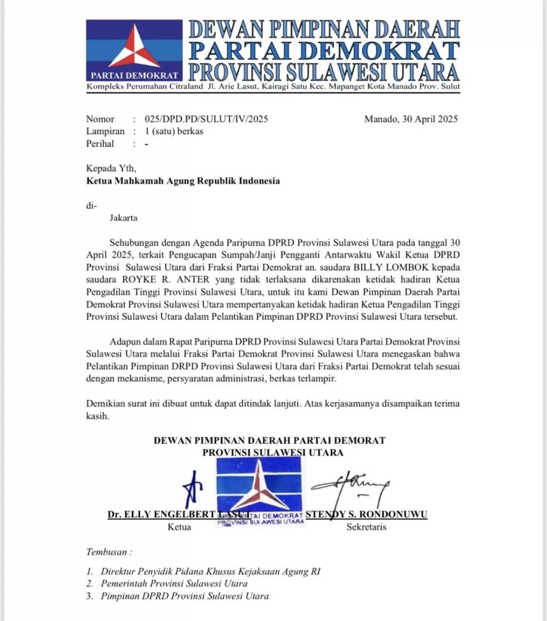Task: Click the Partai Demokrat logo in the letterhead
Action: [x=134, y=50]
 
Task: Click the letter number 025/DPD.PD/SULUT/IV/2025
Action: [x=206, y=119]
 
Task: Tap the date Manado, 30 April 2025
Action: [x=411, y=119]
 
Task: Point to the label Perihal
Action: [x=100, y=144]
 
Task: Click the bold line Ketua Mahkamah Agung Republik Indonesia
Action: [x=183, y=181]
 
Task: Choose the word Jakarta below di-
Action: [x=123, y=218]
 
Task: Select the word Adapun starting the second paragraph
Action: [x=124, y=342]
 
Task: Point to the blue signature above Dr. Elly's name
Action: [x=193, y=488]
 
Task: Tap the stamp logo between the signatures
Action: [x=259, y=490]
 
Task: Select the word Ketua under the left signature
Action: [x=179, y=527]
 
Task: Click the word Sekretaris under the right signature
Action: [x=366, y=527]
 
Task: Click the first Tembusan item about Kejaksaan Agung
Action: [x=210, y=571]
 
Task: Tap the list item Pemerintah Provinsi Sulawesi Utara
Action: [x=174, y=584]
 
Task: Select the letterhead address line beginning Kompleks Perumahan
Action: [x=273, y=87]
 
